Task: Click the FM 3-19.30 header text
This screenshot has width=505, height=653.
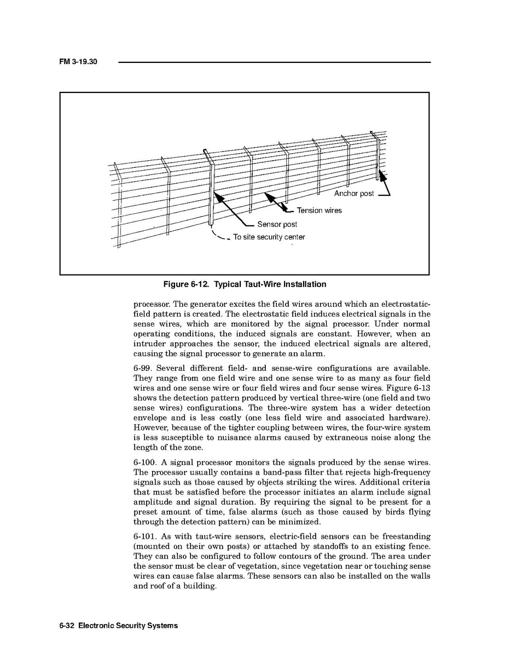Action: point(78,62)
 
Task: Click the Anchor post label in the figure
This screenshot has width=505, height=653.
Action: point(354,194)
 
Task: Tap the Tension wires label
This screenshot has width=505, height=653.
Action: point(319,211)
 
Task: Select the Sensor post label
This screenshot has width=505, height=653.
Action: point(277,224)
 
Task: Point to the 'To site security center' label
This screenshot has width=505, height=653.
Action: point(269,237)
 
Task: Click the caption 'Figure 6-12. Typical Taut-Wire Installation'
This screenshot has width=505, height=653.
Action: point(245,284)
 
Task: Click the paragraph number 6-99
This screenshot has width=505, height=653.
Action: point(142,368)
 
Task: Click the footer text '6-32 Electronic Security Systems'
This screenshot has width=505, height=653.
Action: point(119,626)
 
